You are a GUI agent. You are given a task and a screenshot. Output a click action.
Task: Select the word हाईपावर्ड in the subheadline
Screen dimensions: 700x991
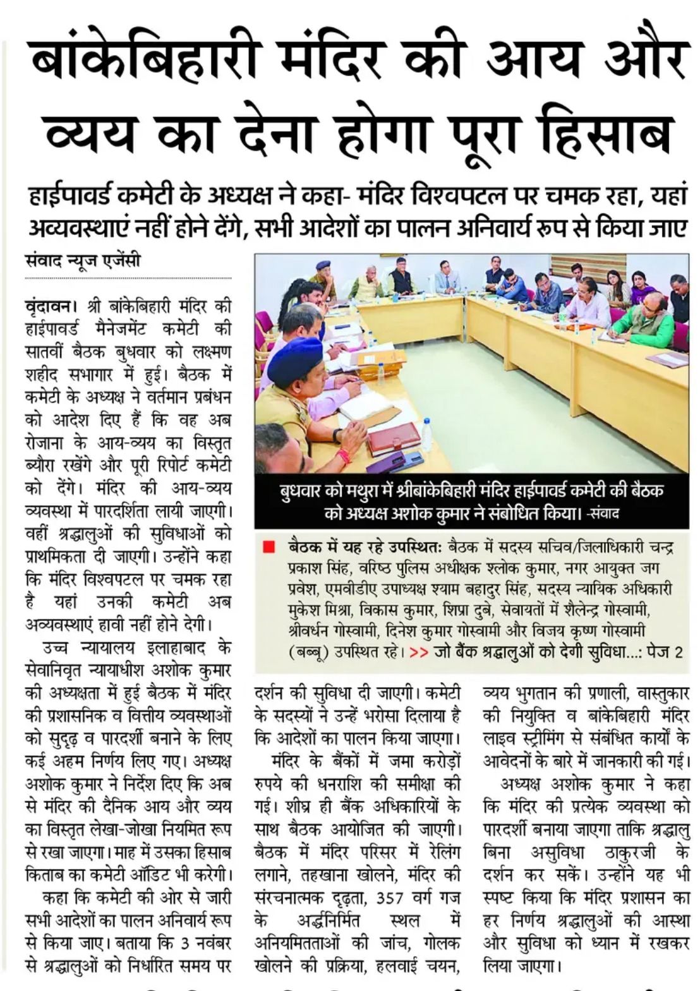[x=75, y=198]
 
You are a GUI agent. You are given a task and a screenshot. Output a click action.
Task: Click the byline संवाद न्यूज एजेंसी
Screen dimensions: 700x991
[x=83, y=260]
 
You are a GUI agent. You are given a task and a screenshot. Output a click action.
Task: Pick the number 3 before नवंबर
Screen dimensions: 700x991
[x=184, y=944]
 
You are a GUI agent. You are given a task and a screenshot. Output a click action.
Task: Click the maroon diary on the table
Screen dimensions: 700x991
[x=394, y=438]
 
